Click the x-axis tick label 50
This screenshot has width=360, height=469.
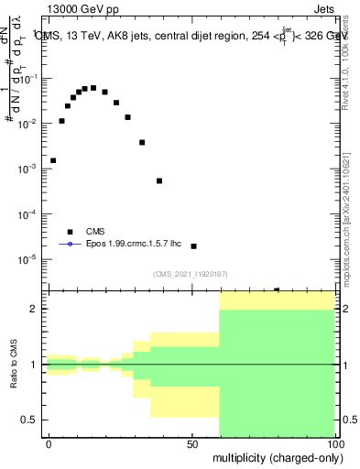pyautogui.click(x=192, y=442)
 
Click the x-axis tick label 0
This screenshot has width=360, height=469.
pyautogui.click(x=49, y=442)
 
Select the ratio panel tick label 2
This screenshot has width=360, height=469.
pyautogui.click(x=34, y=309)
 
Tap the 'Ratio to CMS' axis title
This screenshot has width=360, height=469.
pyautogui.click(x=12, y=365)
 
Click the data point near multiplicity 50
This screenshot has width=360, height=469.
pyautogui.click(x=193, y=246)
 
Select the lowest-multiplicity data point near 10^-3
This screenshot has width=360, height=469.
pyautogui.click(x=53, y=160)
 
